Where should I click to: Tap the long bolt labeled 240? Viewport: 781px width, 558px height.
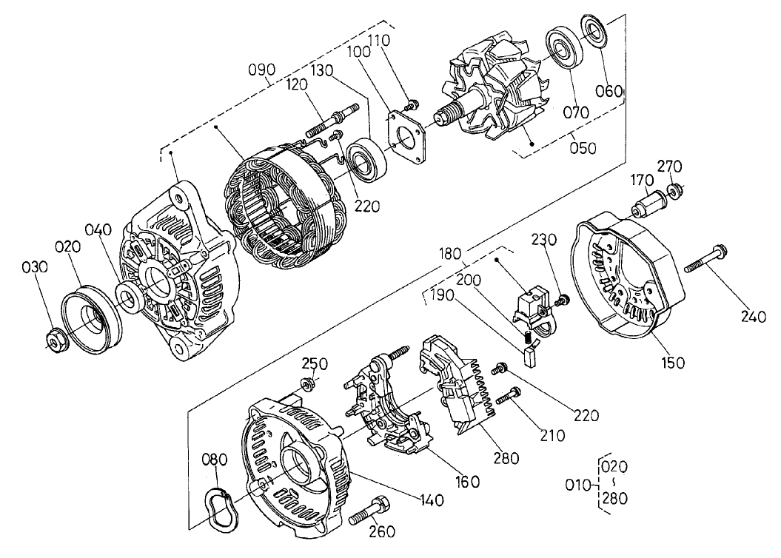click(705, 260)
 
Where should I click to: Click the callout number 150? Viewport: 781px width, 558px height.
click(674, 363)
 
